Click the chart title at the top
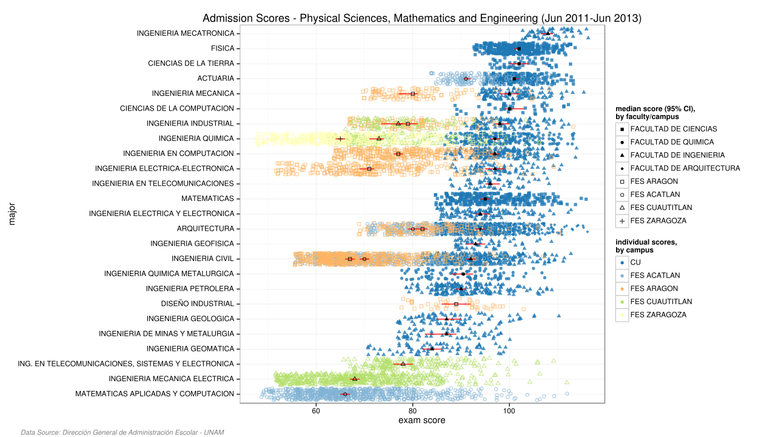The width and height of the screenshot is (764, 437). (421, 18)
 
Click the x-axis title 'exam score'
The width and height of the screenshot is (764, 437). (421, 421)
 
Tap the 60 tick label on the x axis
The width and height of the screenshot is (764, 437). (316, 410)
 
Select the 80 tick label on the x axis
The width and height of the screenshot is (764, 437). (412, 410)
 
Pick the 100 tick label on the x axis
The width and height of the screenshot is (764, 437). (509, 410)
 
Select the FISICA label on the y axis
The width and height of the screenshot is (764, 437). (223, 49)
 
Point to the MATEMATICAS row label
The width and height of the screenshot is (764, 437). (207, 198)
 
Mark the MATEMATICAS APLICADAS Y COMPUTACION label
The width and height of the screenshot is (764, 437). (155, 394)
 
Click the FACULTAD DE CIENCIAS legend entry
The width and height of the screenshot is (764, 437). (673, 129)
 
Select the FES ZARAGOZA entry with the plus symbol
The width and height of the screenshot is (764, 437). (658, 220)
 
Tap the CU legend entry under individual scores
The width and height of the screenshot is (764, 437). (635, 262)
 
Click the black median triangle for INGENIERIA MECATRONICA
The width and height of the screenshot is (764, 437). (548, 33)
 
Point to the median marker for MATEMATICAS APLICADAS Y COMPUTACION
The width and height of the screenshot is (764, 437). (345, 394)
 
